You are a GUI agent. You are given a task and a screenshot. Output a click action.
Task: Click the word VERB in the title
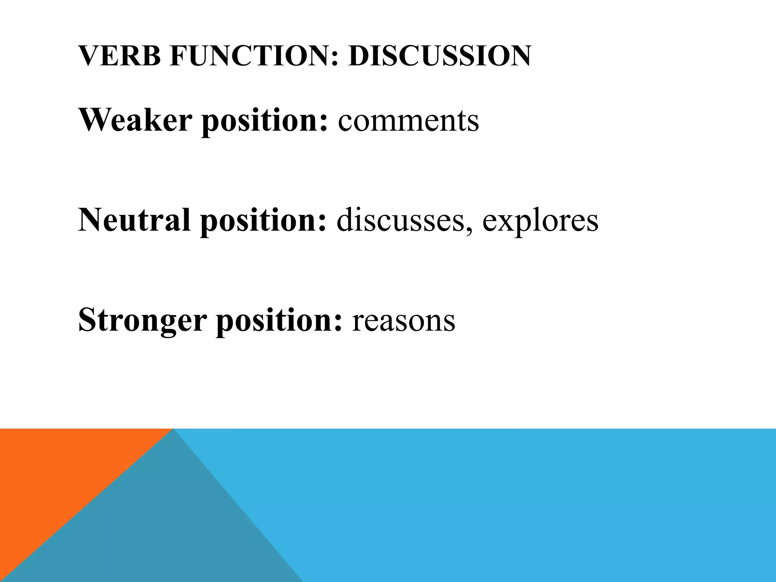[x=120, y=56]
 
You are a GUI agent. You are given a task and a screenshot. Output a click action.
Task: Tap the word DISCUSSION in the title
[x=440, y=56]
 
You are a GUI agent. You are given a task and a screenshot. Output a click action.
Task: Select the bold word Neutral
[x=134, y=220]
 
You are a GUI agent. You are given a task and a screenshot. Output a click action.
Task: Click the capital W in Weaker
[x=93, y=120]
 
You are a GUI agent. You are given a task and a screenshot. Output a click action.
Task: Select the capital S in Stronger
[x=86, y=320]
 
